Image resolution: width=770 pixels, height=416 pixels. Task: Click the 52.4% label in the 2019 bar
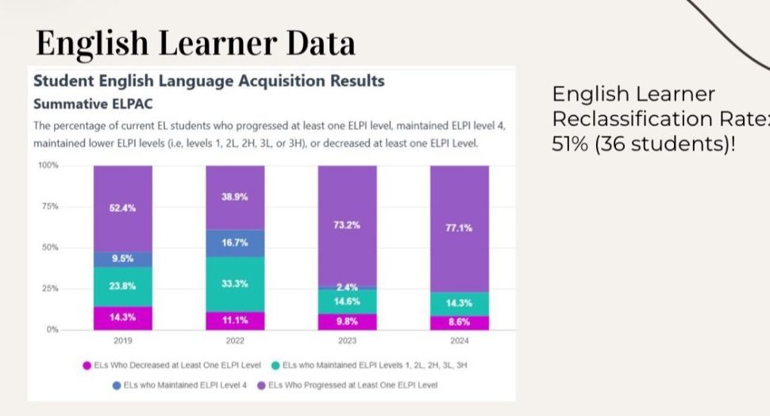pos(122,208)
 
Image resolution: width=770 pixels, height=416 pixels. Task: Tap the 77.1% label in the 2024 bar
pos(460,228)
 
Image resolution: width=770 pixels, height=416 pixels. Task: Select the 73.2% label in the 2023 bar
pos(347,225)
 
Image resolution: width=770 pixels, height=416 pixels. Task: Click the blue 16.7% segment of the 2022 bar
pos(235,243)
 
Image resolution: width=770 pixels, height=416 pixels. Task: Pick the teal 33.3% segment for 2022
pos(235,283)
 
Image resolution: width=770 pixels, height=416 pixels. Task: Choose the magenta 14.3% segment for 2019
pos(122,318)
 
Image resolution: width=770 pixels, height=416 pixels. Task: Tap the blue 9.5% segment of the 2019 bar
pos(122,260)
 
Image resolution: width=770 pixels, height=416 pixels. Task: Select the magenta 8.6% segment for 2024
pos(460,322)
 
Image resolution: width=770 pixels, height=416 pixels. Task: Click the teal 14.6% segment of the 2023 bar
pos(347,302)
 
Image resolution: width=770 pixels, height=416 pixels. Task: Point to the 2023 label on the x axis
pos(347,341)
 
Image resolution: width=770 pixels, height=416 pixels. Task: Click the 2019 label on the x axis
pos(122,341)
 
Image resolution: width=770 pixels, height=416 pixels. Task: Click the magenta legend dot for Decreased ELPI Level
pos(87,365)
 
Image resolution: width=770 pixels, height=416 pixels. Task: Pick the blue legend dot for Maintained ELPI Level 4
pos(117,385)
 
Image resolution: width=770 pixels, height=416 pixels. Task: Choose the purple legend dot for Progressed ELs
pos(261,385)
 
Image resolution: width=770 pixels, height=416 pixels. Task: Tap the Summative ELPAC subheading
pos(82,104)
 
